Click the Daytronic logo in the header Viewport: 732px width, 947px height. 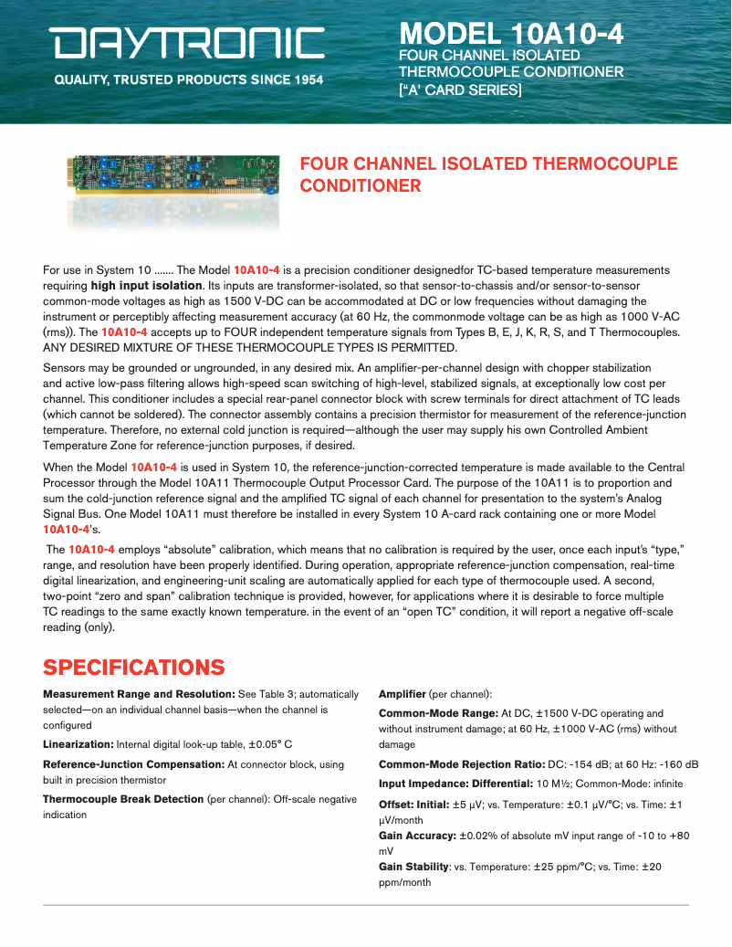click(x=187, y=43)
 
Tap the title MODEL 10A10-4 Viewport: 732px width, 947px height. click(x=511, y=34)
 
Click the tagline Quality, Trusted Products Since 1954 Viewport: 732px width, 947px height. click(x=189, y=80)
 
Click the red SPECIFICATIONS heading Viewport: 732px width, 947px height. click(x=133, y=667)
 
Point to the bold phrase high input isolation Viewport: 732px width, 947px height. click(x=146, y=286)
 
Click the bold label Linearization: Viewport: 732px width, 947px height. click(x=78, y=744)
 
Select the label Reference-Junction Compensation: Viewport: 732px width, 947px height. click(x=133, y=763)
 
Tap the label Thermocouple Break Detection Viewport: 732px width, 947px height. click(x=123, y=799)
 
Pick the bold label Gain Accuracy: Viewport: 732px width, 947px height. click(x=417, y=836)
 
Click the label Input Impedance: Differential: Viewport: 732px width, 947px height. click(x=456, y=784)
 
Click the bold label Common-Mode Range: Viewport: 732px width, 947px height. click(x=438, y=713)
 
